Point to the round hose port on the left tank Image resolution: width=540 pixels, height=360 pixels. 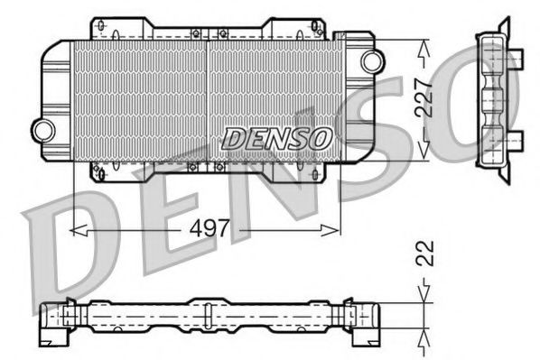pos(41,126)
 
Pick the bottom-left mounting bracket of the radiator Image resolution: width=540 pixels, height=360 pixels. pos(102,169)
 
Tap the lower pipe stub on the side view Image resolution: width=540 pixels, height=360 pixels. pos(517,137)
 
